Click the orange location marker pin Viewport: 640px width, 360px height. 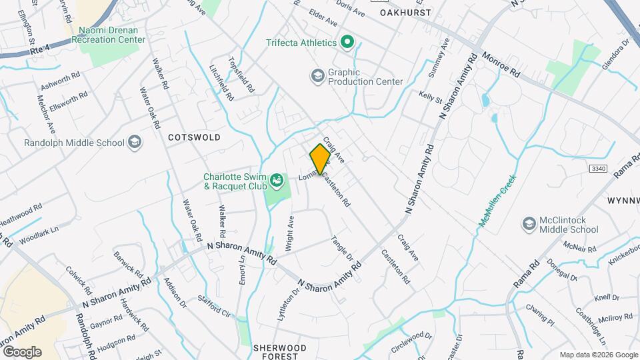320,159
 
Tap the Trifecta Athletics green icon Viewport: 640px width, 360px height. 347,43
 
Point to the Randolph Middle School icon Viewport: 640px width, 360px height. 135,142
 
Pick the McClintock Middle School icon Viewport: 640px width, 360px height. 530,224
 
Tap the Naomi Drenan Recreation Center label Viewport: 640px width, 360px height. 111,35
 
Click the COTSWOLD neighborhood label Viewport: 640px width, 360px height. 194,137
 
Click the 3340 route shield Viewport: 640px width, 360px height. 598,169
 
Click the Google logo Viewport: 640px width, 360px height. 21,351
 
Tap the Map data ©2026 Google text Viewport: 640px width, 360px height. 598,355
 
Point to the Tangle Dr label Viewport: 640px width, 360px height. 342,248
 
